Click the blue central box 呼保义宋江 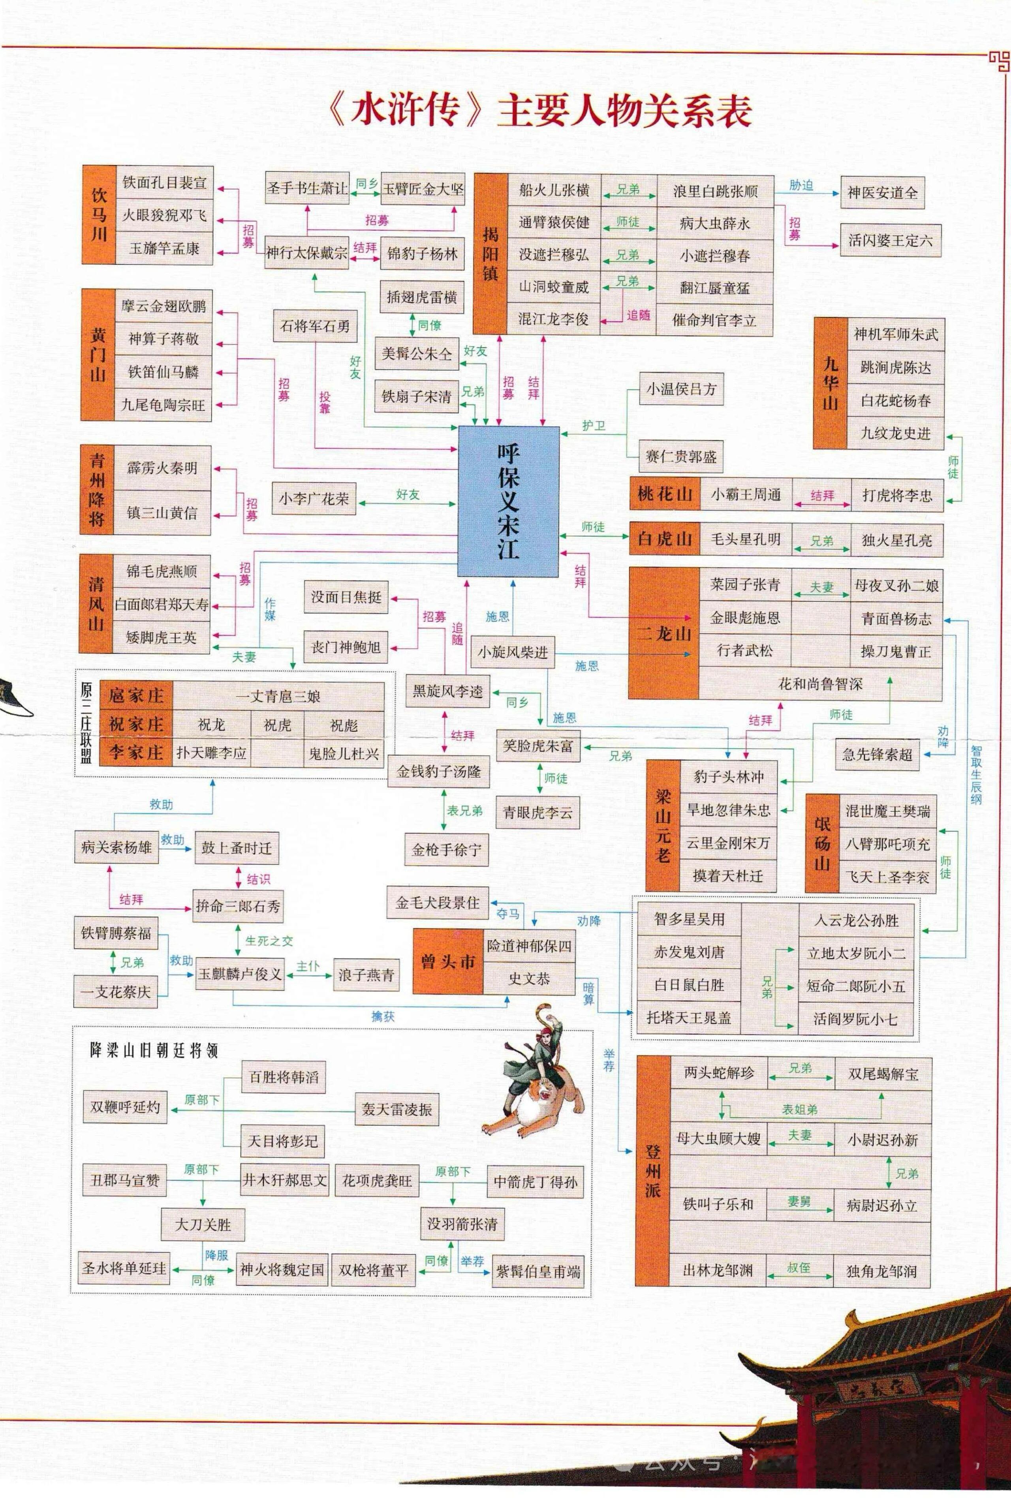[x=508, y=500]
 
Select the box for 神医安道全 [x=881, y=192]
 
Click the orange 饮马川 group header [x=99, y=215]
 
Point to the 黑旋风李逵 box [x=447, y=691]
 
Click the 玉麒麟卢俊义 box [x=240, y=974]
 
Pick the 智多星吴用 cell [x=689, y=919]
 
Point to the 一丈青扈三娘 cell [x=278, y=696]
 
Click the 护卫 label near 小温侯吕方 [x=593, y=425]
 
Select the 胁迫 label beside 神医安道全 [x=801, y=185]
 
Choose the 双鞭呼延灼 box [x=124, y=1106]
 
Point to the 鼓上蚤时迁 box [x=236, y=848]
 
